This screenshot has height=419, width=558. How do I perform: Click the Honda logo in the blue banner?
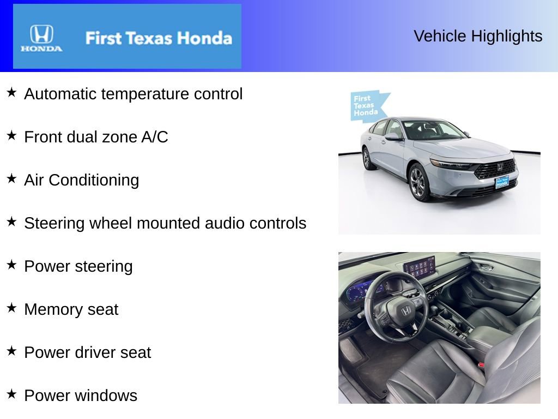pyautogui.click(x=41, y=38)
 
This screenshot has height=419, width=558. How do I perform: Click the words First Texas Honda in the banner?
pyautogui.click(x=159, y=38)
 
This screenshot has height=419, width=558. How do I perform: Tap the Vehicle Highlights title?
pyautogui.click(x=478, y=36)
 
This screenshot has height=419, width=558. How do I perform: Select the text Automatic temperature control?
pyautogui.click(x=134, y=94)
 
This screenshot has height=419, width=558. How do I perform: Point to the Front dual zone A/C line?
pyautogui.click(x=96, y=137)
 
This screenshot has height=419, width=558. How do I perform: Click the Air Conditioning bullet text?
pyautogui.click(x=82, y=180)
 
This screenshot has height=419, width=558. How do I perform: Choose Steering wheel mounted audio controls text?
pyautogui.click(x=165, y=223)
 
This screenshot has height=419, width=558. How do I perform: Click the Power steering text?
pyautogui.click(x=78, y=266)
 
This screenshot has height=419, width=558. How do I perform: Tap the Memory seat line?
pyautogui.click(x=71, y=309)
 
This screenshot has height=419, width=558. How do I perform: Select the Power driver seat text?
pyautogui.click(x=87, y=352)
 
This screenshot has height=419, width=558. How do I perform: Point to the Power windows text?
pyautogui.click(x=81, y=396)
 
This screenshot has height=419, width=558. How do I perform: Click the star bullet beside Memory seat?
pyautogui.click(x=11, y=308)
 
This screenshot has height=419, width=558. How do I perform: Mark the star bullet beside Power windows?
pyautogui.click(x=11, y=394)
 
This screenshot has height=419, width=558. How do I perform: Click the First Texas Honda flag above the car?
pyautogui.click(x=368, y=106)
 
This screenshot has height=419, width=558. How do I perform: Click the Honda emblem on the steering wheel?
pyautogui.click(x=405, y=311)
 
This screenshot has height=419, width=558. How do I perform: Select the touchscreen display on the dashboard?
pyautogui.click(x=420, y=266)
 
